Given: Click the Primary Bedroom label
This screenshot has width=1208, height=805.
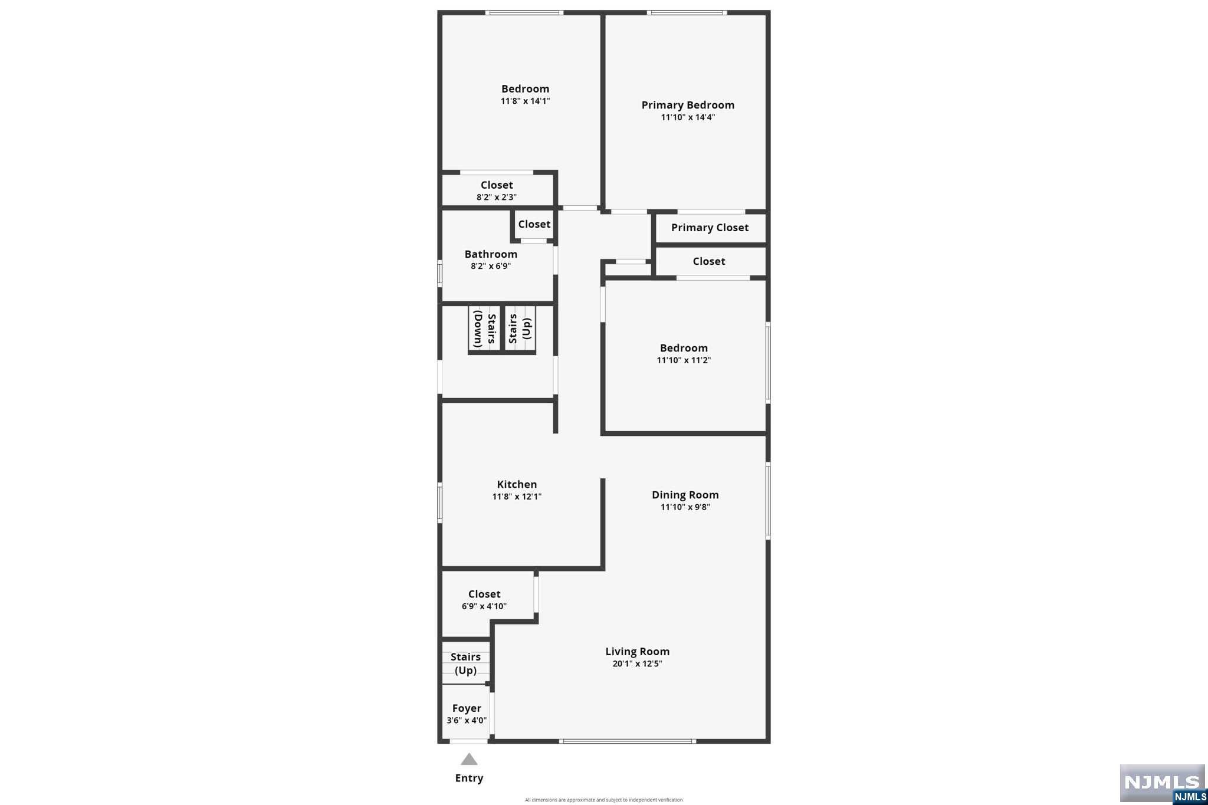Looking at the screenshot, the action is pos(688,105).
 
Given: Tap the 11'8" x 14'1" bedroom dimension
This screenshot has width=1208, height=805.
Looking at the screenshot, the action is pos(526,101).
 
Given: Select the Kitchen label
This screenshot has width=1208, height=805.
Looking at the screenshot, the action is pos(517,484).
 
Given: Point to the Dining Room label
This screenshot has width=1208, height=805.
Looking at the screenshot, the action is pos(685,495).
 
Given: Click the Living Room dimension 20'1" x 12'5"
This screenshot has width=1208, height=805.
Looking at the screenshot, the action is pos(637,663).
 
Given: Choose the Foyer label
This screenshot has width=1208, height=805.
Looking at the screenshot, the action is pos(467,708).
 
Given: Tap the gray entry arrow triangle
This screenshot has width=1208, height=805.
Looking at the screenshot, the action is pos(469,760).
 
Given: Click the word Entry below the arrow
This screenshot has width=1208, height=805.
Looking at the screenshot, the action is pos(469,778).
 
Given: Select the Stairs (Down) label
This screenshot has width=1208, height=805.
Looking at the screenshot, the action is pos(485,328).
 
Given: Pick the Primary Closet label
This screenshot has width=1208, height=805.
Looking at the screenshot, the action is pos(710,228).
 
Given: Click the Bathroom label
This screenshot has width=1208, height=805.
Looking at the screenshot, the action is pos(491,254).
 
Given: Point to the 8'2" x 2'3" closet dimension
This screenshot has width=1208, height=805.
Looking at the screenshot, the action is pos(497,198).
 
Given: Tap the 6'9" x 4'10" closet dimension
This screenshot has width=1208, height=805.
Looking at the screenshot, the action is pos(484,606).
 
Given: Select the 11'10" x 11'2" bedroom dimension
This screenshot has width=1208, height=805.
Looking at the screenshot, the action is pos(684,360).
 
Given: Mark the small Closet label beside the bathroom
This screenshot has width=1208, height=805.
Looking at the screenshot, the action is pos(534,224).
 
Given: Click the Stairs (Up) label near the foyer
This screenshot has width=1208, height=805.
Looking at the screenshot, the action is pos(465,663).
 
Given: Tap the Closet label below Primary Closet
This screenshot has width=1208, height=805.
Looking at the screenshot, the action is pos(709,261).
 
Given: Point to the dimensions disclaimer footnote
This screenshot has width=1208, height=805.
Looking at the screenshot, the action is pos(604,800).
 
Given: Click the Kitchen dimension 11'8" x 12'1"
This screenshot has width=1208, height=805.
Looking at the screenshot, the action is pos(517,497).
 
